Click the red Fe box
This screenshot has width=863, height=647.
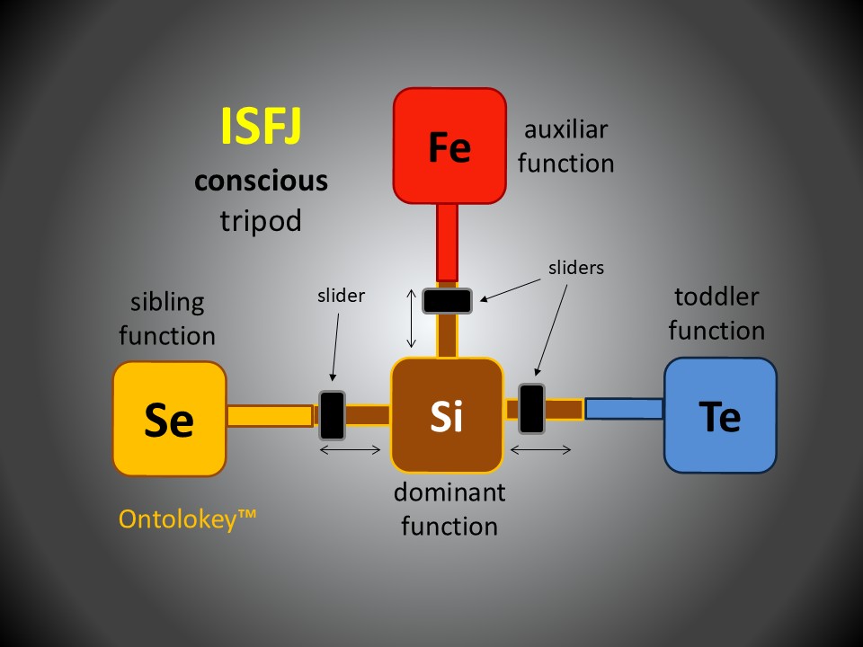pos(449,146)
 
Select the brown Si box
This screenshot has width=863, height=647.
pos(447,415)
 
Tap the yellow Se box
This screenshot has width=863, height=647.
pos(169,419)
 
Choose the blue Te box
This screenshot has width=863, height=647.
pos(720,415)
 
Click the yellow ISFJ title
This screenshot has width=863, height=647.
pos(261,127)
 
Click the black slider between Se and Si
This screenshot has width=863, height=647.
pos(333,414)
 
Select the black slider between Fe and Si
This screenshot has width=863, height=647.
pos(448,300)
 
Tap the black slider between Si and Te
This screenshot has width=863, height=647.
pos(531,409)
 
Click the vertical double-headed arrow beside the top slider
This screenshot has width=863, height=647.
pos(412,317)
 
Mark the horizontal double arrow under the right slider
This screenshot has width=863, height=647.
pos(541,449)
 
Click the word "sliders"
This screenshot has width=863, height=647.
pos(576,267)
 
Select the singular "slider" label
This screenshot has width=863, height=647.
pos(341,296)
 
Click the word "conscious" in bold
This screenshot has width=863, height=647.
pos(261,182)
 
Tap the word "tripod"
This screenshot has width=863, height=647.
pos(261,220)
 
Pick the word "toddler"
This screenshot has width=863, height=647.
pos(716,297)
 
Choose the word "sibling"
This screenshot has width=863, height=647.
pos(167,302)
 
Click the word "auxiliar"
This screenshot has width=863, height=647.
pos(565,129)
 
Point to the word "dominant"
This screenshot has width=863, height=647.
pos(449,492)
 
